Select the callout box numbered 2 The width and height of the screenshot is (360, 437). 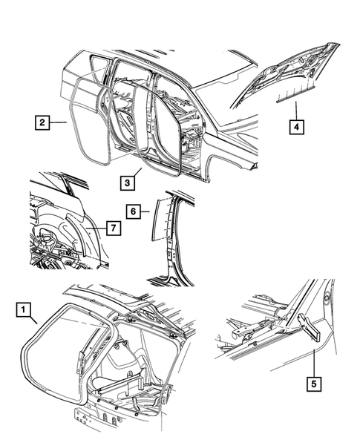pos(42,122)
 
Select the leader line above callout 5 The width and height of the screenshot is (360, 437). pos(314,360)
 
